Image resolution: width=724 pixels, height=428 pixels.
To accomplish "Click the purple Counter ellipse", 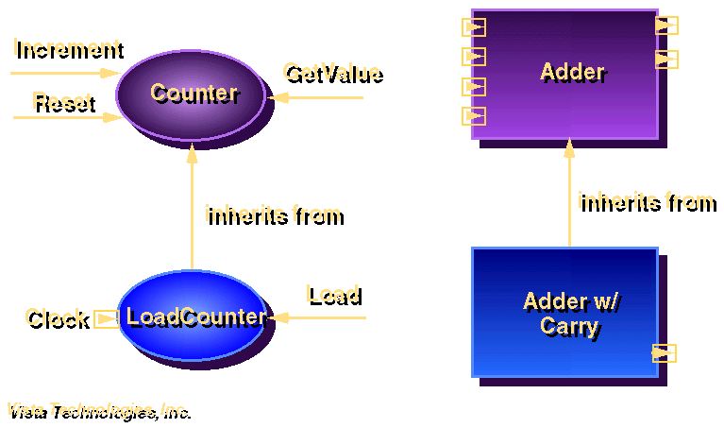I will coord(192,94).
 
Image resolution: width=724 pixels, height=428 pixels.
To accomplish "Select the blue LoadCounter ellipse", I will coord(192,317).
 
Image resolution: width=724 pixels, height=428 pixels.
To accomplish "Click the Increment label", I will coord(67,47).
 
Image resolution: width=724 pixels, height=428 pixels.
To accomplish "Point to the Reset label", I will coord(62,100).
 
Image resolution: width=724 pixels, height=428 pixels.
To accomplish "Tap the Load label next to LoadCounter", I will coord(331,294).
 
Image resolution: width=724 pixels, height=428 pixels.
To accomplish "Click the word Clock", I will coord(56,317).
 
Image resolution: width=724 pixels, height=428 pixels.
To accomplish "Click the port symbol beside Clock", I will coord(106,318).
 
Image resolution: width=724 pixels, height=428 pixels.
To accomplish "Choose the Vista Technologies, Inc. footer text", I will coord(97,410).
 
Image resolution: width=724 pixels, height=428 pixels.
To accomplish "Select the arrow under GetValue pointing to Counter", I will coord(315,97).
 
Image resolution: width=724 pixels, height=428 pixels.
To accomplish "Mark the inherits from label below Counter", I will coord(272,214).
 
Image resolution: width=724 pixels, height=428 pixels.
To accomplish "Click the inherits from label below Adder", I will coord(645,200).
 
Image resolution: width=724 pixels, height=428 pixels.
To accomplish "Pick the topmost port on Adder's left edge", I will coord(474,27).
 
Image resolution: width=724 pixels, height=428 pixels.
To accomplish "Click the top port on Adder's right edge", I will coord(666,26).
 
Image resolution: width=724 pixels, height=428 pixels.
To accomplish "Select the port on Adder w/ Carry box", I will coord(664,353).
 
